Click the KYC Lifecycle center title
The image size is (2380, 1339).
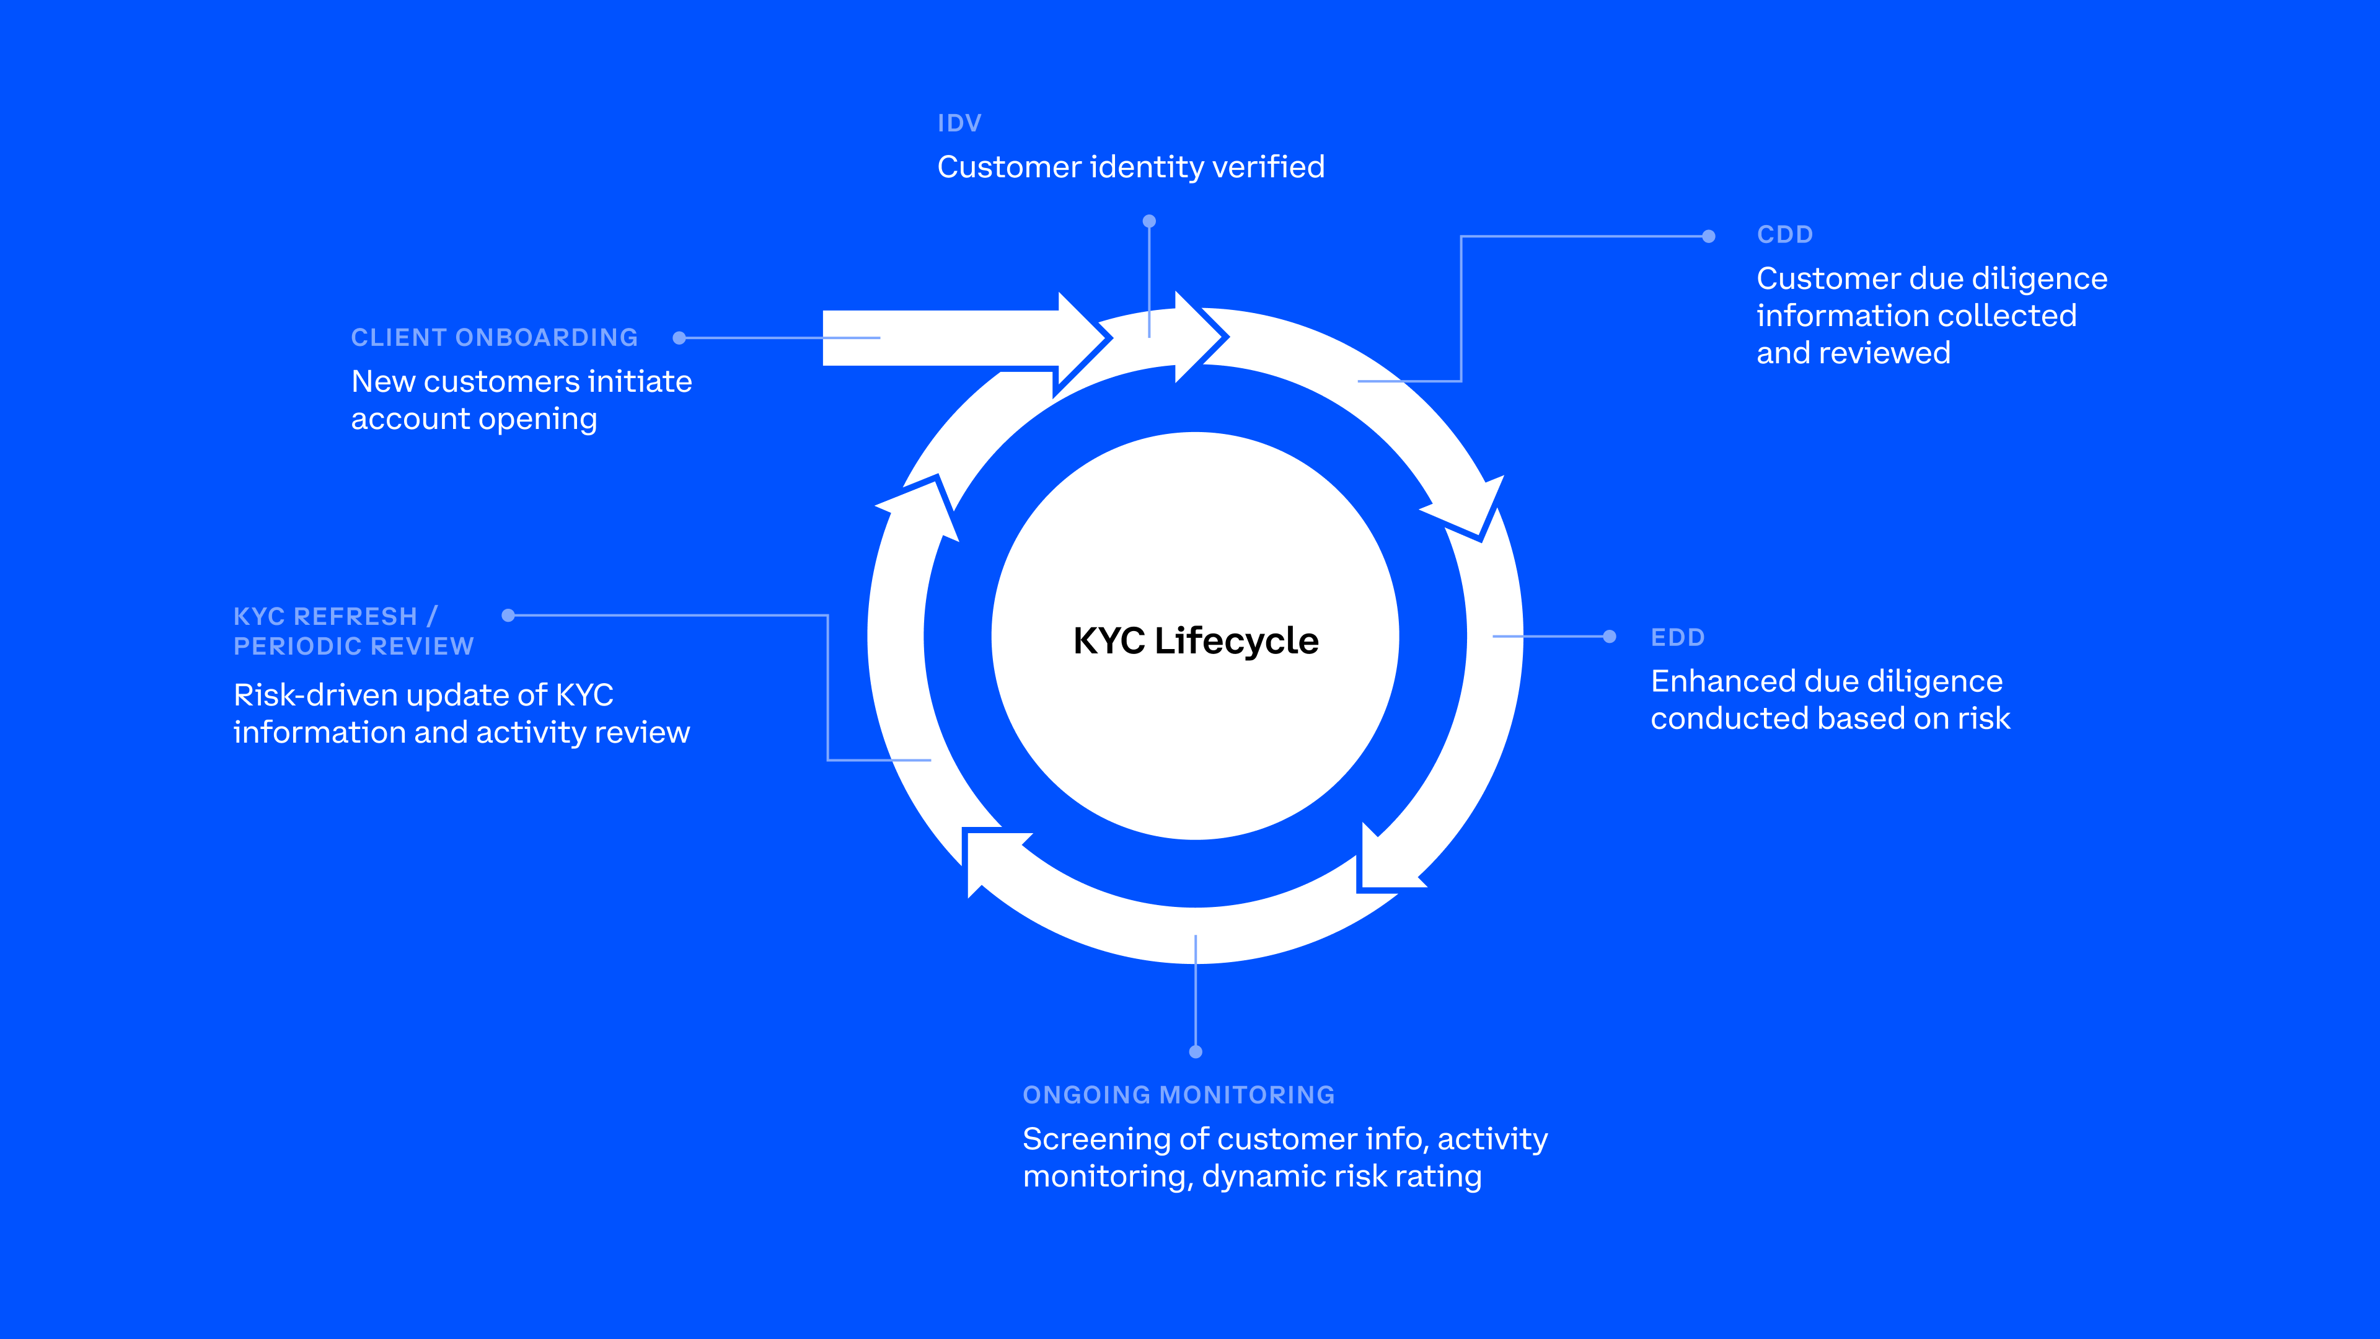click(x=1196, y=640)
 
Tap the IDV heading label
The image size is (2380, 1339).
click(x=959, y=123)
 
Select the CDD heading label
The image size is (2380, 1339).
click(x=1784, y=235)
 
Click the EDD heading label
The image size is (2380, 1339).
click(x=1677, y=638)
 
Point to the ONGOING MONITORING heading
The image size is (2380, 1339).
click(x=1178, y=1095)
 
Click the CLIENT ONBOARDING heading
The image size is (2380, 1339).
click(x=495, y=337)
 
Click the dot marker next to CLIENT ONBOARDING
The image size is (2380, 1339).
click(x=679, y=338)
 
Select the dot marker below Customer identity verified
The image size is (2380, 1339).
click(x=1149, y=222)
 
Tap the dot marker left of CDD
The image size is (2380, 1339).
click(x=1708, y=237)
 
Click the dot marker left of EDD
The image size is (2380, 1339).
click(x=1610, y=637)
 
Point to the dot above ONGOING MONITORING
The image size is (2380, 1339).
click(x=1196, y=1051)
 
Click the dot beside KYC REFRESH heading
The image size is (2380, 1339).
click(x=508, y=616)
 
